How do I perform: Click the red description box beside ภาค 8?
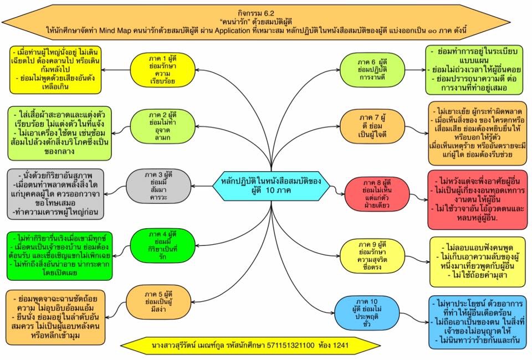(x=478, y=199)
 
